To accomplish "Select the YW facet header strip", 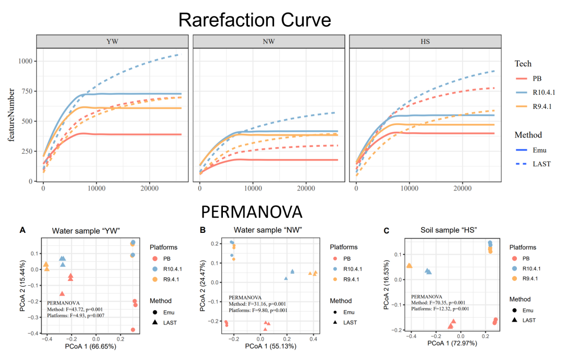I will [x=112, y=41].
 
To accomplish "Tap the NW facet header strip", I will [x=268, y=41].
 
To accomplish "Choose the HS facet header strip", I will [x=425, y=41].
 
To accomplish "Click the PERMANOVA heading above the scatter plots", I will [x=252, y=211].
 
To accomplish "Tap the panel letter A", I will [x=22, y=229].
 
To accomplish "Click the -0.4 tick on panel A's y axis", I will [x=33, y=333].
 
